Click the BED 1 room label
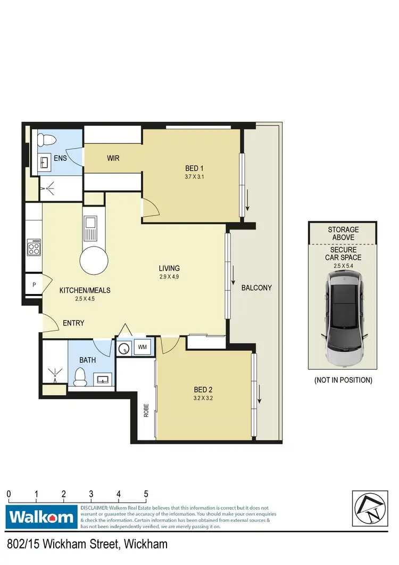191,169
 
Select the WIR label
113,159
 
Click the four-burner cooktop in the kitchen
34,248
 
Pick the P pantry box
34,285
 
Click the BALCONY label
256,288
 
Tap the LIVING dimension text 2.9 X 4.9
169,277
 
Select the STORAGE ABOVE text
343,233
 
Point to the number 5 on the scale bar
146,494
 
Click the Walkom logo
41,517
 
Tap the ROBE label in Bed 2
146,410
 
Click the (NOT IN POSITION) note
343,380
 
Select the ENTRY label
73,323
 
